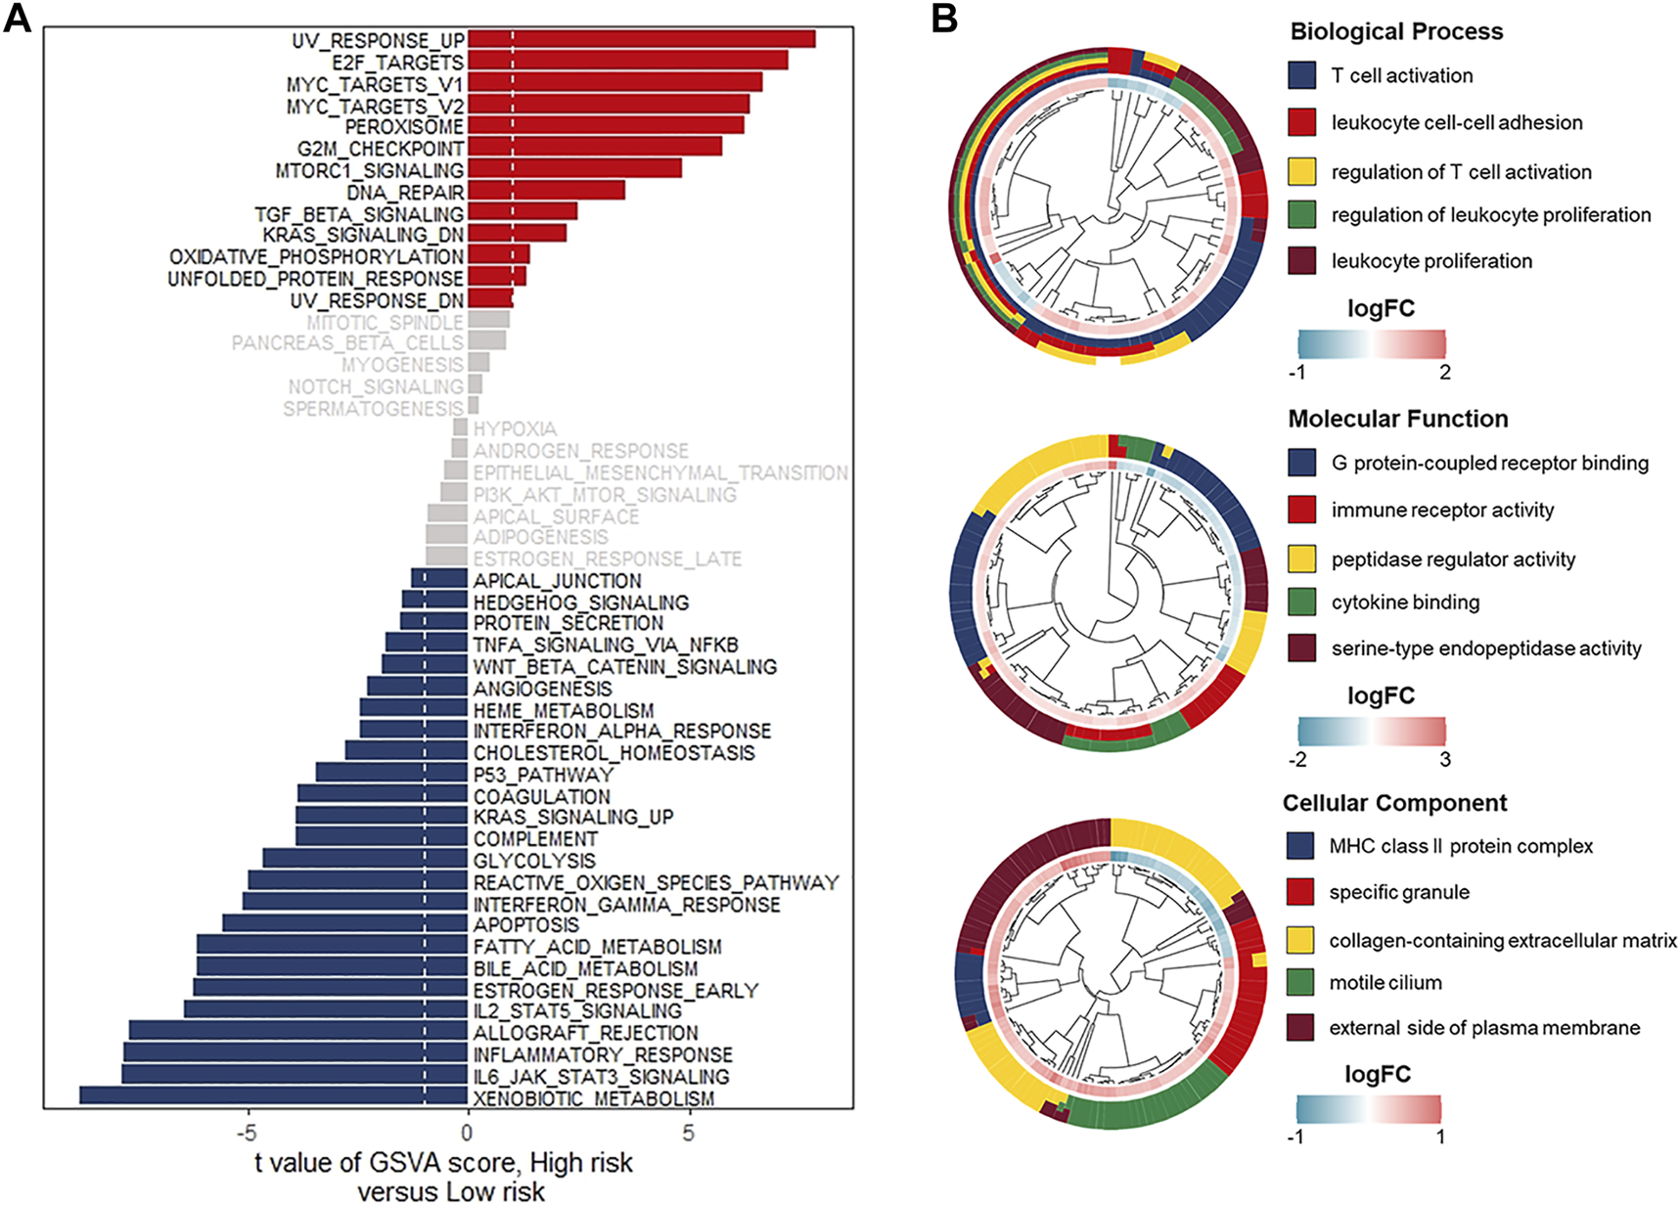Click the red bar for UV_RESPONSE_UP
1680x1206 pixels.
tap(641, 39)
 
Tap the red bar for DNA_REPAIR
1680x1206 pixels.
tap(545, 191)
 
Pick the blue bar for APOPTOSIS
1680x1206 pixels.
tap(344, 923)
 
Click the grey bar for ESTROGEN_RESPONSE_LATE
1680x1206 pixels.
tap(446, 557)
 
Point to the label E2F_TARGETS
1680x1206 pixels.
tap(397, 62)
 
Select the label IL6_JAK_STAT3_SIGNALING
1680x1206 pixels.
tap(601, 1076)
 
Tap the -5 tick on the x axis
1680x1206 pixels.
tap(247, 1132)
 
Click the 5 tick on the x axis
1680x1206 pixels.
tap(689, 1132)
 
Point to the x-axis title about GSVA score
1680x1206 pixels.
tap(445, 1177)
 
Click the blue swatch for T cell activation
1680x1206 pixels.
tap(1301, 75)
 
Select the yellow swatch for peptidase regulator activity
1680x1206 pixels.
tap(1301, 558)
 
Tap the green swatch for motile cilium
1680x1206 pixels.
tap(1299, 982)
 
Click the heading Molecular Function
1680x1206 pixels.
tap(1397, 419)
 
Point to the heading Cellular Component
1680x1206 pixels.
tap(1394, 803)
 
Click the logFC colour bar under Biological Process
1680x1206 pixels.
tap(1371, 343)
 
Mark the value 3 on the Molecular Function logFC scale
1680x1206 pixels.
tap(1445, 759)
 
